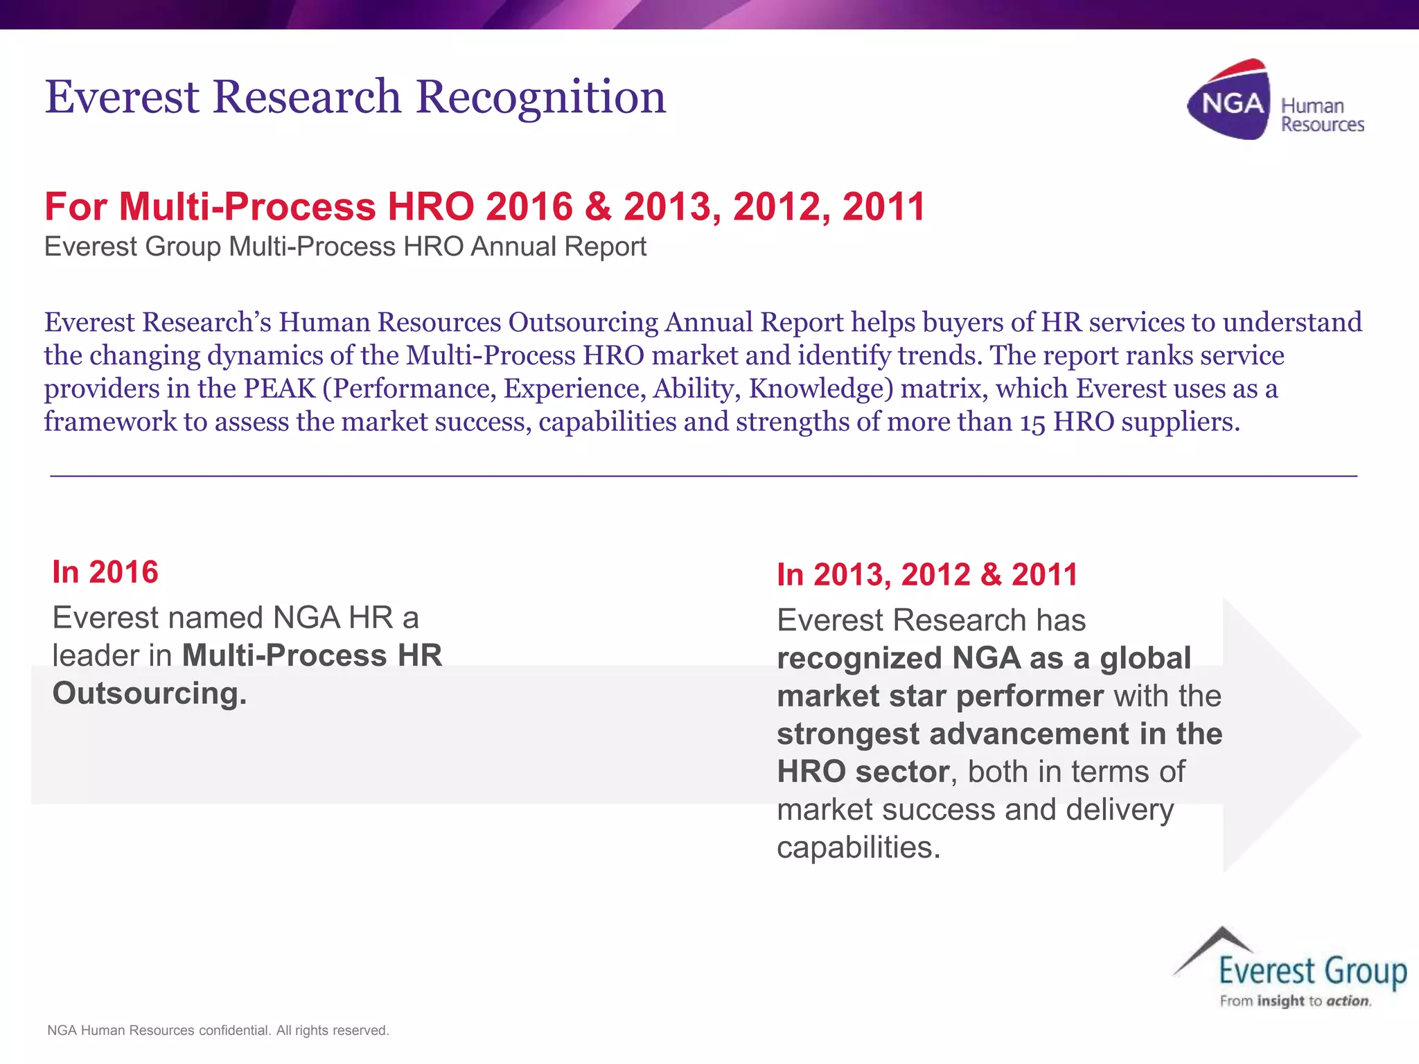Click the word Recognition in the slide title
[540, 97]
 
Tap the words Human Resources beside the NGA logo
[1321, 115]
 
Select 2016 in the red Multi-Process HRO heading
[529, 206]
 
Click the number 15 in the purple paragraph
[1032, 422]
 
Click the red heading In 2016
[105, 572]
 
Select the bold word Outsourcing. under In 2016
[150, 693]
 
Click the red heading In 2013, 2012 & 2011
[927, 575]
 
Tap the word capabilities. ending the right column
[858, 847]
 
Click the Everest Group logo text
[1312, 971]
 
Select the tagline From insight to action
[1295, 1001]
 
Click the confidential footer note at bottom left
[218, 1030]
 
